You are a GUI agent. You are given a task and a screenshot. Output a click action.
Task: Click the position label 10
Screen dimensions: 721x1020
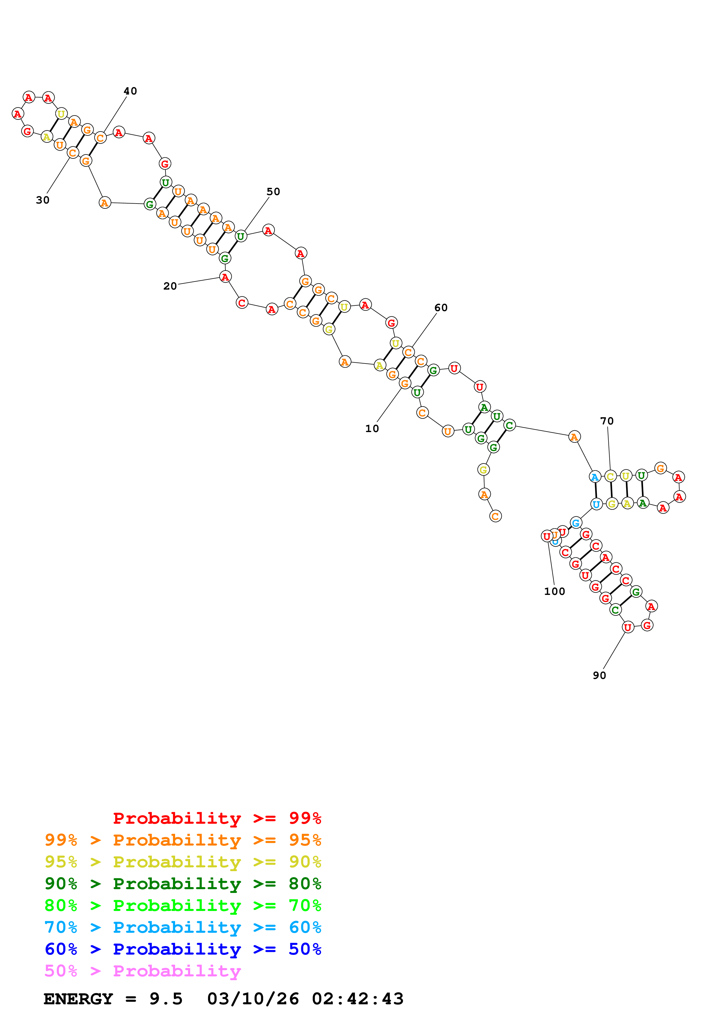tap(372, 428)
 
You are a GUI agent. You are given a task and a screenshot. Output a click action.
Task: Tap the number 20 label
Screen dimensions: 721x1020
tap(170, 286)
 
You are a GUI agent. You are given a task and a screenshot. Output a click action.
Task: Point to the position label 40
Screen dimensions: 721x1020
tap(130, 91)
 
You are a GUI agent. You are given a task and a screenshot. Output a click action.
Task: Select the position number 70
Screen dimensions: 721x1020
tap(607, 421)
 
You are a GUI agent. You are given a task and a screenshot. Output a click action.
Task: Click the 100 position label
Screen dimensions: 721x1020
tap(554, 591)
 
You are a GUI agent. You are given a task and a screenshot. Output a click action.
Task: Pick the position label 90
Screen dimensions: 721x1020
tap(599, 675)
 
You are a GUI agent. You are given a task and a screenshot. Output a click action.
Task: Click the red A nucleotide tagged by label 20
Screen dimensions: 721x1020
tap(225, 277)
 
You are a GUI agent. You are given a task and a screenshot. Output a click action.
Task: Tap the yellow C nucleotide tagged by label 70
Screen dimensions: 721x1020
tap(610, 477)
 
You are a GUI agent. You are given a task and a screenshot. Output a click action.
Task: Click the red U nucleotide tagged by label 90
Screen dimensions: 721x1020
tap(627, 627)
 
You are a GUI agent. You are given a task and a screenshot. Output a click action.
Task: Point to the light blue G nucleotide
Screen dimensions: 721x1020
tap(576, 523)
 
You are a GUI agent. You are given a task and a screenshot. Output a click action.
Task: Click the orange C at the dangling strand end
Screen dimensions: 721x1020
tap(495, 516)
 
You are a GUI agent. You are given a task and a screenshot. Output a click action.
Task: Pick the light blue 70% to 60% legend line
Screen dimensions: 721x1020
tap(183, 927)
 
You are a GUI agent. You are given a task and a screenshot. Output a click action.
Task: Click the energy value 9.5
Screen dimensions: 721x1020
tap(166, 999)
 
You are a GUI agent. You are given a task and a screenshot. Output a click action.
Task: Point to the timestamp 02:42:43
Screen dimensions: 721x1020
tap(358, 999)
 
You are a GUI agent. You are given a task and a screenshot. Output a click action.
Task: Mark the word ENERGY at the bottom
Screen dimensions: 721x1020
tap(78, 999)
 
